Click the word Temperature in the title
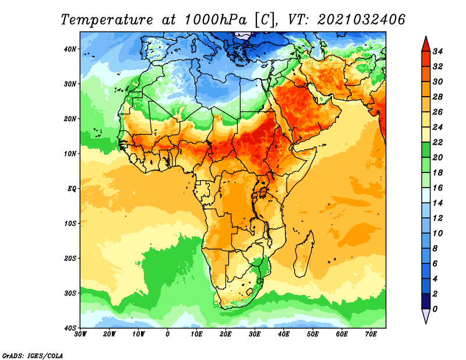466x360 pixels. (x=107, y=20)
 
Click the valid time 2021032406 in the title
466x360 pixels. (x=361, y=20)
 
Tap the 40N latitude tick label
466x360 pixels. (x=70, y=49)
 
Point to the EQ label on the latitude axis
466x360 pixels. (x=72, y=189)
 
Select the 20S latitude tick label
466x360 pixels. (x=70, y=258)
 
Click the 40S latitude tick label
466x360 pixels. (x=70, y=328)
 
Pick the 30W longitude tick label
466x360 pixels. (x=80, y=334)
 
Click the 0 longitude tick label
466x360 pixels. (x=168, y=334)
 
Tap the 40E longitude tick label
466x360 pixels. (x=284, y=334)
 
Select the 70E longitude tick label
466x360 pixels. (x=371, y=334)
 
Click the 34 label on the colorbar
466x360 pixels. (x=437, y=51)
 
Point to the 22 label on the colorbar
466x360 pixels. (x=437, y=142)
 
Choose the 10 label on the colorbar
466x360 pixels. (x=437, y=234)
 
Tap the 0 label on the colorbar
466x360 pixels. (x=435, y=309)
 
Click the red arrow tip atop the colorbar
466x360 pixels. (x=426, y=37)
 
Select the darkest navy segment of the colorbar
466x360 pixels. (x=426, y=301)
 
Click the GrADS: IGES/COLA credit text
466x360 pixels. (x=33, y=355)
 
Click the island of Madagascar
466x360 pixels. (x=304, y=255)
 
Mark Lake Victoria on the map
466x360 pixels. (x=263, y=192)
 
